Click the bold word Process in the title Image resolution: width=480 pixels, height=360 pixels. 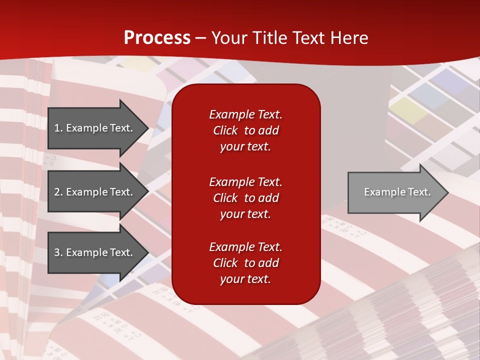(157, 37)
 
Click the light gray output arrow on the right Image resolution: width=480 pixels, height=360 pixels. (395, 192)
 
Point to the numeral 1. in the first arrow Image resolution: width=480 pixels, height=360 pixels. (58, 128)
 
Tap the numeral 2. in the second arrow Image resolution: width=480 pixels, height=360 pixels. (58, 192)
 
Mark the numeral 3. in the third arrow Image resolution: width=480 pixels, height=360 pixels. (58, 252)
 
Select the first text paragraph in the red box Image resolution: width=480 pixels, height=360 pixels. (245, 130)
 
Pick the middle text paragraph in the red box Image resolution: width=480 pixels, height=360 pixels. (245, 198)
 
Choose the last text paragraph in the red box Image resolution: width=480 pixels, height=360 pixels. (245, 263)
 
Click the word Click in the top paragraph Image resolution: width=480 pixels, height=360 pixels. (225, 131)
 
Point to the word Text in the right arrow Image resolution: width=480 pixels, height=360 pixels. (419, 192)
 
